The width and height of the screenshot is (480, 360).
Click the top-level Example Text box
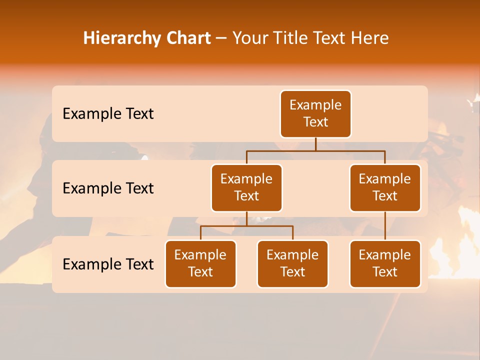(315, 114)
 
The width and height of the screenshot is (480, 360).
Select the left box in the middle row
(246, 188)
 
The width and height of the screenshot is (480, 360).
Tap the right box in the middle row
(385, 188)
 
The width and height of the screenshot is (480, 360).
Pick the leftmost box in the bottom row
(200, 264)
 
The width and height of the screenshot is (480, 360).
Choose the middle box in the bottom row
(292, 264)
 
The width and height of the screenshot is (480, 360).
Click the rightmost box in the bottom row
(385, 264)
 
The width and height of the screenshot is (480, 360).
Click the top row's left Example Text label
(108, 114)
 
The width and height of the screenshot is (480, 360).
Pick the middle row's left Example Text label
(108, 188)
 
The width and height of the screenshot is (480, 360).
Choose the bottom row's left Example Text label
(108, 264)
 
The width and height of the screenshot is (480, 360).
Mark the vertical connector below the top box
(315, 144)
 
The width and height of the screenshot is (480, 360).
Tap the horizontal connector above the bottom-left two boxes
(246, 226)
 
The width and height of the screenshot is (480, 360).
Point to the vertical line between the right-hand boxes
(385, 226)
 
